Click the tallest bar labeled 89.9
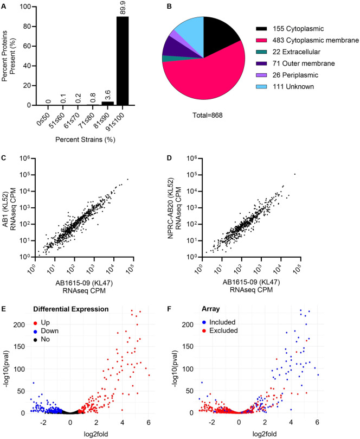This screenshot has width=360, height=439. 123,61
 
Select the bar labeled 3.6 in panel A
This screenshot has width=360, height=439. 108,103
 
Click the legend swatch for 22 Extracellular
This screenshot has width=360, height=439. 261,52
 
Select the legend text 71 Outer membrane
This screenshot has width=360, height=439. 304,63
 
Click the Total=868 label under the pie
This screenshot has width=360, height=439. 208,115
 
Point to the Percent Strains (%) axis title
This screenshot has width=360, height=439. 85,139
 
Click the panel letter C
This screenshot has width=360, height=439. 4,158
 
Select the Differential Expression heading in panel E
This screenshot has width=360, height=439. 71,309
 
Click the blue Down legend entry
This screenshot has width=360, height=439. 46,331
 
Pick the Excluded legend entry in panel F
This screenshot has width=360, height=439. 220,330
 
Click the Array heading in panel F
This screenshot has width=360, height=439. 210,309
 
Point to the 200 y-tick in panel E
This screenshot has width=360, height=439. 19,325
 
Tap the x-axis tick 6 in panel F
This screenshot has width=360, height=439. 317,423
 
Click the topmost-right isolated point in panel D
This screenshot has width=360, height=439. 294,174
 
